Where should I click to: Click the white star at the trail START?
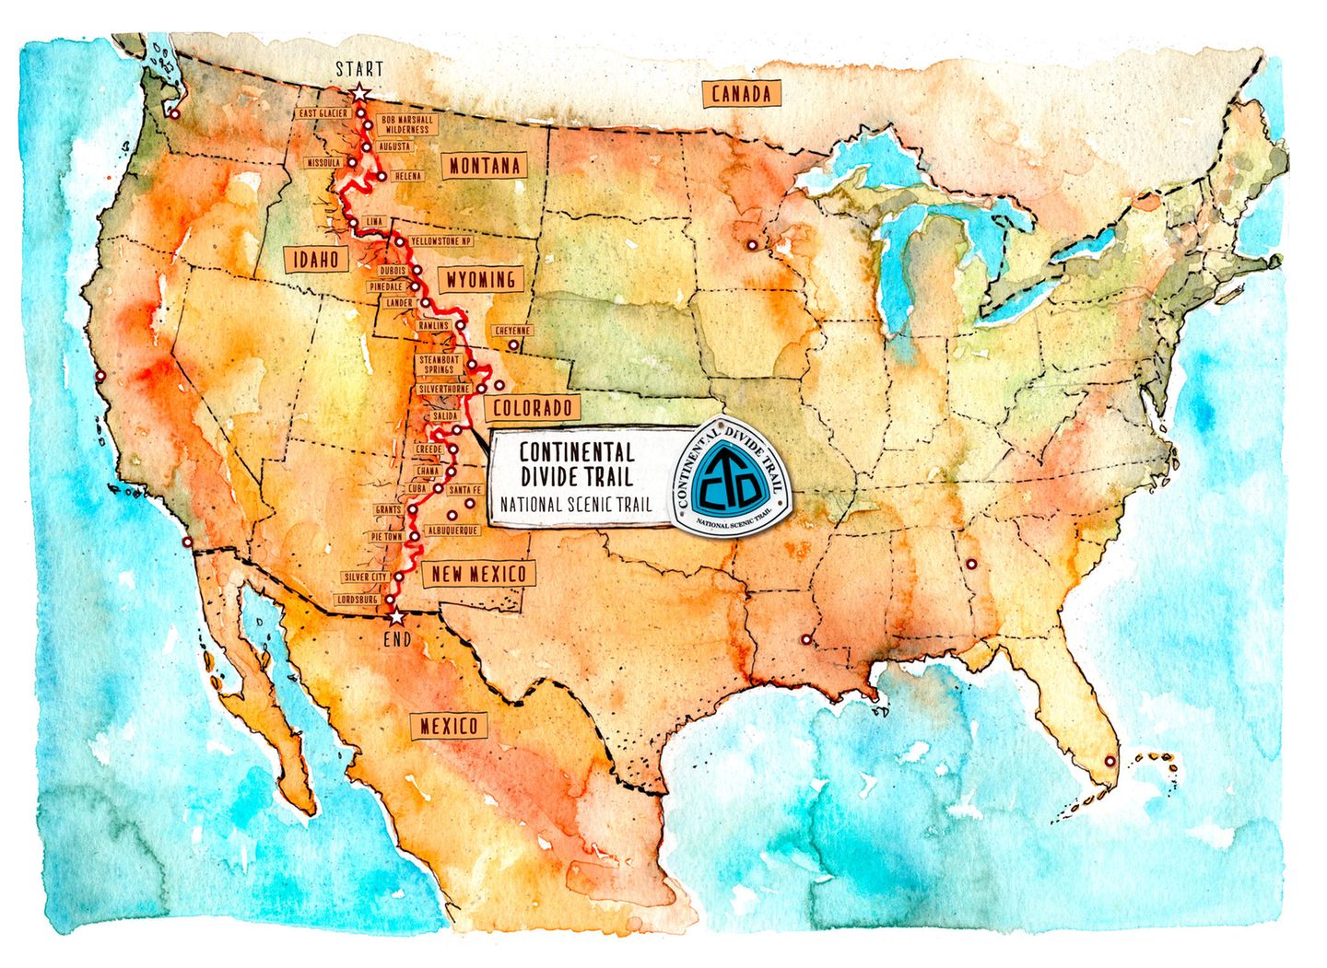coord(359,92)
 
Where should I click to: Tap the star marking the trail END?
coord(396,617)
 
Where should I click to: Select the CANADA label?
coord(741,94)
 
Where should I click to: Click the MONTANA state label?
coord(485,166)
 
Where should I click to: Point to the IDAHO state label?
coord(316,260)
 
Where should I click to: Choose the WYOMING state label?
coord(479,279)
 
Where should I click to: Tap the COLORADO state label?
coord(532,407)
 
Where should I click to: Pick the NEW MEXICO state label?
coord(478,574)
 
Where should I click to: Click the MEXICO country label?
coord(449,726)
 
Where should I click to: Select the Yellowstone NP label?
coord(440,240)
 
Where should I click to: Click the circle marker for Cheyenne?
coord(513,346)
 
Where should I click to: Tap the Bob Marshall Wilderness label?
coord(406,125)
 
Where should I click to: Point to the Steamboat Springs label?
coord(439,364)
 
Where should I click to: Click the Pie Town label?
coord(386,535)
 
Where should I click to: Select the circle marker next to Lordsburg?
coord(389,600)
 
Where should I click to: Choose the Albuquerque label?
coord(452,531)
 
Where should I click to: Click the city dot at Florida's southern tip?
coord(1109,762)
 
